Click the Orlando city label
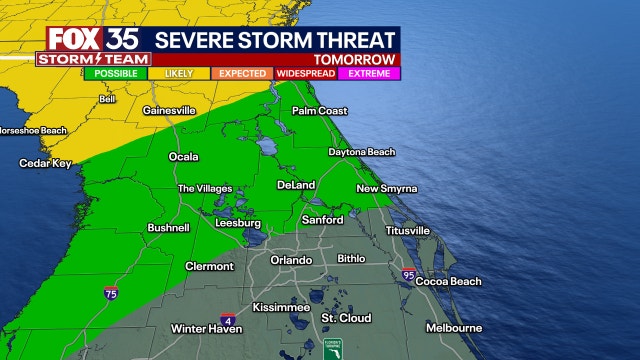tap(291, 260)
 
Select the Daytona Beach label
tap(362, 152)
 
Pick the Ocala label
tap(183, 157)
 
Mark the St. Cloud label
tap(346, 318)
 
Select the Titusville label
tap(407, 230)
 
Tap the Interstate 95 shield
tap(408, 274)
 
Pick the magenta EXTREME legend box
tap(369, 73)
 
